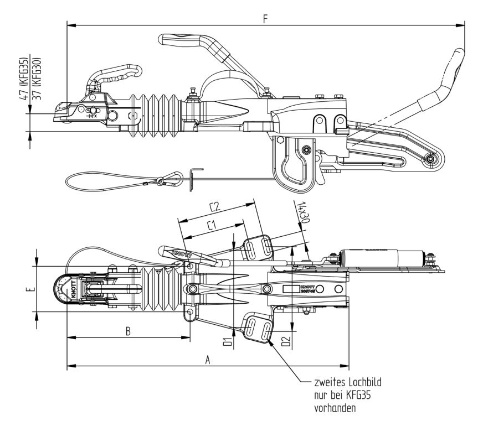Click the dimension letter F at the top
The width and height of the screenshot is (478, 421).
pos(266,19)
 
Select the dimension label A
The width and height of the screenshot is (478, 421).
pos(208,359)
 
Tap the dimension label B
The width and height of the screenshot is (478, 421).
pos(128,331)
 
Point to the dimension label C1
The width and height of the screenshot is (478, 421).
pos(211,226)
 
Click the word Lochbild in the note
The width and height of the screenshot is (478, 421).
pos(360,382)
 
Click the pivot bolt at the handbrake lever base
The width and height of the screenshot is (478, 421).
pos(430,160)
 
